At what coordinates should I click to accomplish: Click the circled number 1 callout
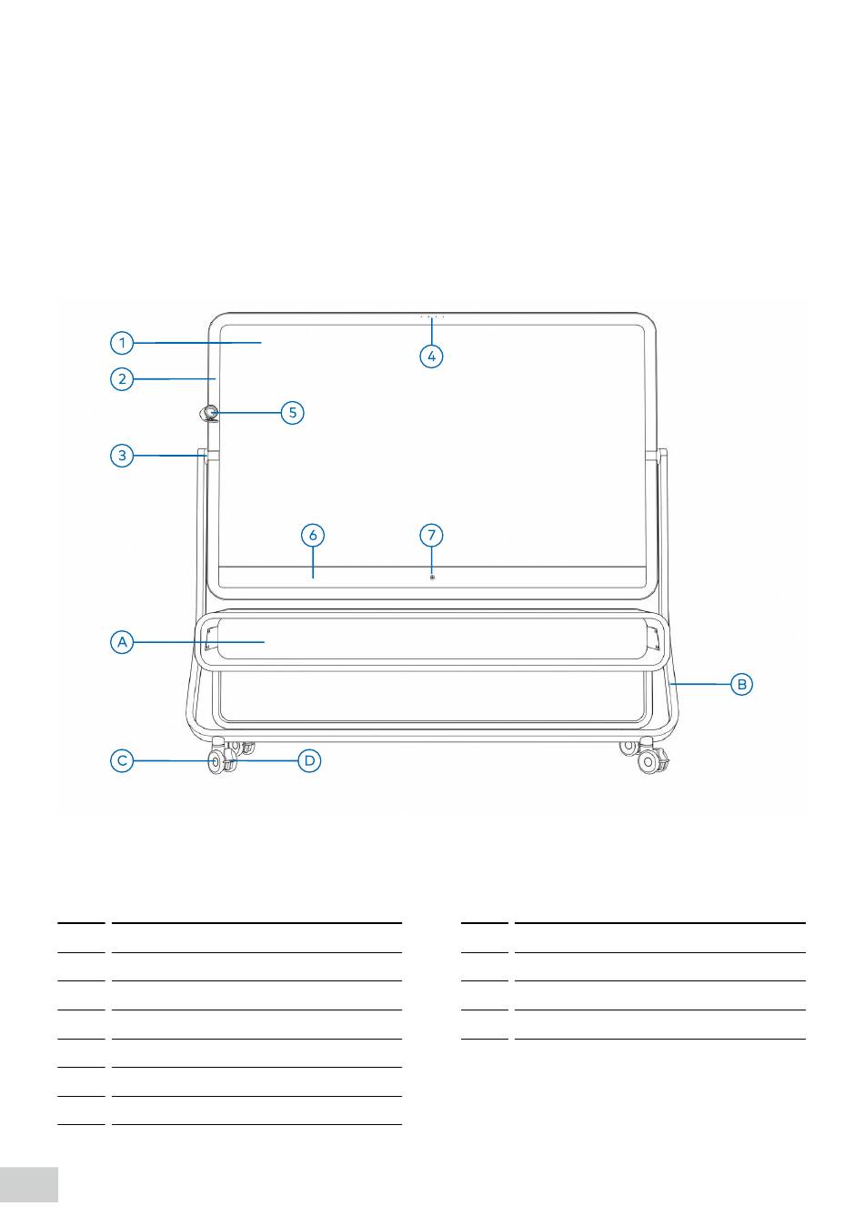pos(122,343)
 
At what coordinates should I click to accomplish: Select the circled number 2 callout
pos(122,378)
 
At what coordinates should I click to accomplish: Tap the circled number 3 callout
pos(122,456)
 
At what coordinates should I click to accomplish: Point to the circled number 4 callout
pos(431,357)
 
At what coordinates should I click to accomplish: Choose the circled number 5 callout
pos(292,412)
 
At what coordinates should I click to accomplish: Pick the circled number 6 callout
pos(313,535)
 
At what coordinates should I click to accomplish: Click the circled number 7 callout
pos(431,535)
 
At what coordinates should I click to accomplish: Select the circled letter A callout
pos(122,641)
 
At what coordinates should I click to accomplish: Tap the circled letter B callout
pos(741,684)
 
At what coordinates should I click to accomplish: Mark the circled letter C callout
pos(122,760)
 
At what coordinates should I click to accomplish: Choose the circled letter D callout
pos(309,760)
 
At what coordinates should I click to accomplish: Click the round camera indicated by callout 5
pos(209,413)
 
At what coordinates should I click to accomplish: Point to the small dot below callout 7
pos(432,577)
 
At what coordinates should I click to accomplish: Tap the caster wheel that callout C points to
pos(216,762)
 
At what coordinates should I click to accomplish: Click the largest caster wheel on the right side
pos(648,762)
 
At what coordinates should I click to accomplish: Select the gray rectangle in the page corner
pos(29,1184)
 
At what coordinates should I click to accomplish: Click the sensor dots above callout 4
pos(432,317)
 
